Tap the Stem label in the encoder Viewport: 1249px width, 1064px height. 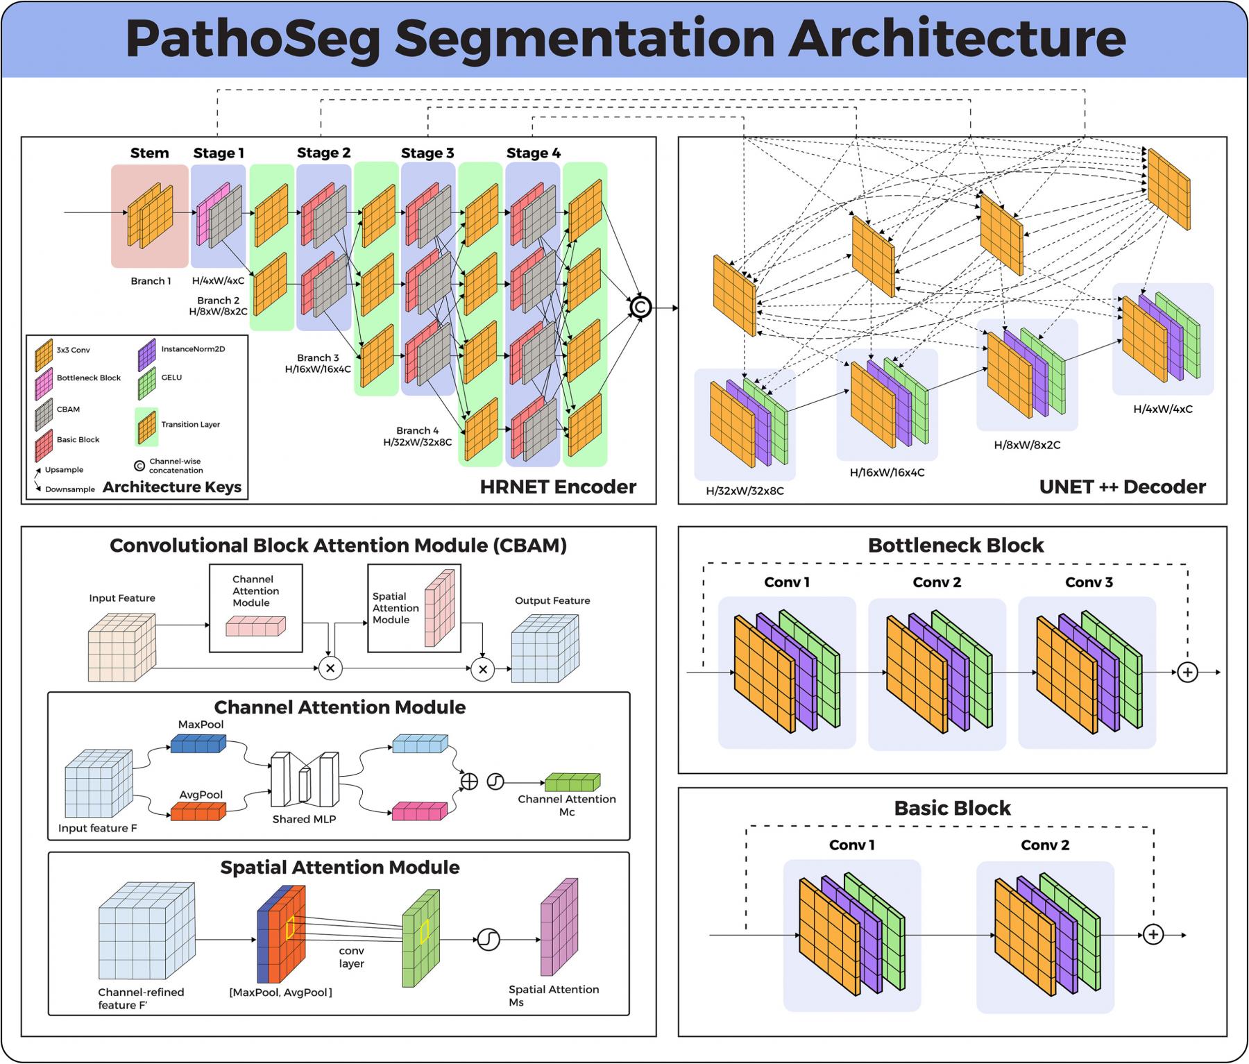(x=149, y=153)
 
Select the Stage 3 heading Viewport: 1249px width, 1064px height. (x=427, y=153)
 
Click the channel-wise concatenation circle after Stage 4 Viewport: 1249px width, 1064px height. (x=640, y=307)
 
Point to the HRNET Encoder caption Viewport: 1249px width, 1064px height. (x=558, y=487)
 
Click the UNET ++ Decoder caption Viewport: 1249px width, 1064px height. (x=1122, y=487)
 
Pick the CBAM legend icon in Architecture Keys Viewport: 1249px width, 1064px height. (x=44, y=414)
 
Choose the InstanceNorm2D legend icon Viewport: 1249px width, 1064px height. (x=146, y=354)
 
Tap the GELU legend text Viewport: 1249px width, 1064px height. (x=171, y=378)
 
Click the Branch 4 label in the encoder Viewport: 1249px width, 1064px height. (x=417, y=430)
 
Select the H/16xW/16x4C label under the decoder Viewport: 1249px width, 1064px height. (x=887, y=473)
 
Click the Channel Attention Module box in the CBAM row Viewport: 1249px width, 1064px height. (x=256, y=608)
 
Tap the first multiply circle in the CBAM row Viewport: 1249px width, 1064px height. (x=330, y=668)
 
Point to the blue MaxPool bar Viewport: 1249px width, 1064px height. (x=198, y=745)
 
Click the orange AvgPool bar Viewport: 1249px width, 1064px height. (x=198, y=811)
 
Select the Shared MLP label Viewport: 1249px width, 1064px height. (x=304, y=819)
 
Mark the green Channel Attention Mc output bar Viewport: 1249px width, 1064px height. (x=572, y=782)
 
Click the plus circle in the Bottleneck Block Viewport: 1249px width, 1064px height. (x=1187, y=672)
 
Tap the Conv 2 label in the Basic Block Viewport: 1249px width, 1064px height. (x=1045, y=845)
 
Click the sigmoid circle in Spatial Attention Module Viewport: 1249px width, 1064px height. (x=488, y=940)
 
